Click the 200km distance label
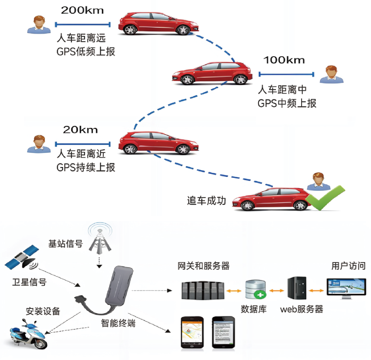[x=82, y=10]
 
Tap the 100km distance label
[x=284, y=60]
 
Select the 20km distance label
[x=80, y=130]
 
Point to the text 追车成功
[x=206, y=201]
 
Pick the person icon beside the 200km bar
[x=39, y=24]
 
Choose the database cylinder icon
[x=255, y=290]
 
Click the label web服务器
[x=301, y=309]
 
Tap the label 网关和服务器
[x=204, y=266]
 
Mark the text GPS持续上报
[x=86, y=167]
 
